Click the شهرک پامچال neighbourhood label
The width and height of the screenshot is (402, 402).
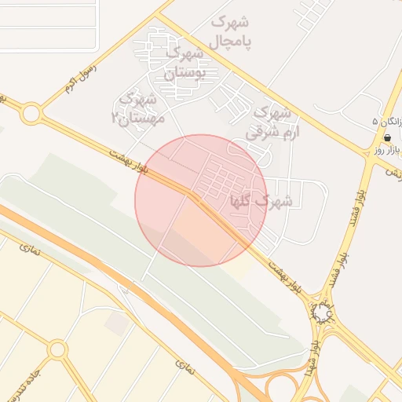coord(231,30)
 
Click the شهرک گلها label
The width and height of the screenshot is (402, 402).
coord(261,202)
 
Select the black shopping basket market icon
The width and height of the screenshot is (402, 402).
coord(387,137)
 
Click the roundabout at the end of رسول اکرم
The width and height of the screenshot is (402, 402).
coord(31,114)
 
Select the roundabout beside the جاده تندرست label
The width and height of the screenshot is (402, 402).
coord(57,349)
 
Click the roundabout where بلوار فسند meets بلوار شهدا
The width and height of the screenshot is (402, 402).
coord(323,312)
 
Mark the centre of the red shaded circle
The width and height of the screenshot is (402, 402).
coord(200,200)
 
